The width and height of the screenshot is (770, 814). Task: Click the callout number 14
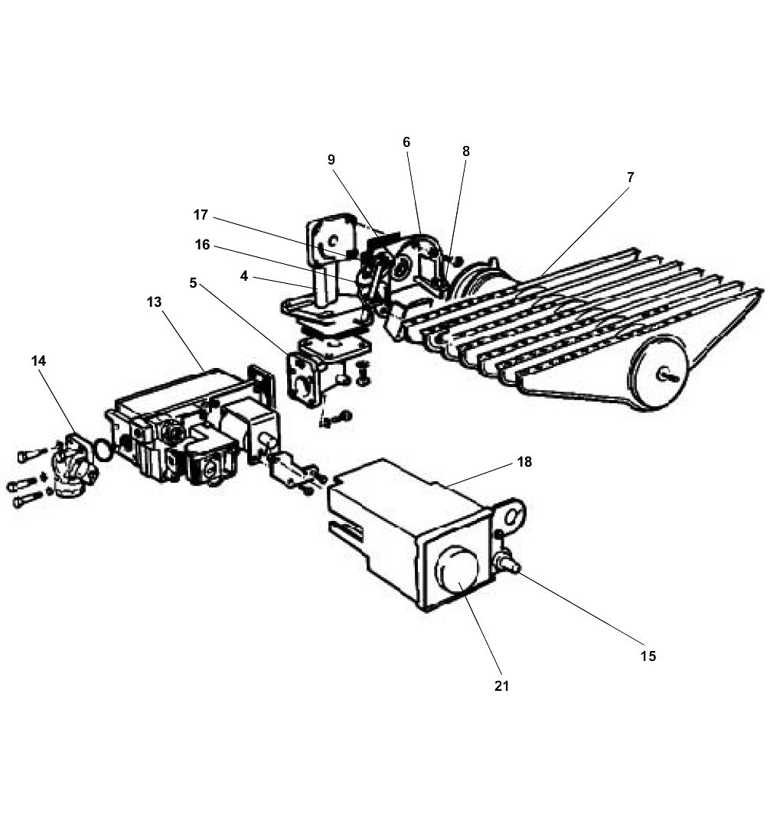tap(38, 360)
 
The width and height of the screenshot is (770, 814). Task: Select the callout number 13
tap(154, 302)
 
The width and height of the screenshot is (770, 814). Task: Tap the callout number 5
tap(193, 283)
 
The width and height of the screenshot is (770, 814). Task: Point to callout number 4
tap(244, 275)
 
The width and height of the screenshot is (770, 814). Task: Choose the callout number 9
tap(331, 160)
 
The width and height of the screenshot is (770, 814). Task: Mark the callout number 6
tap(406, 142)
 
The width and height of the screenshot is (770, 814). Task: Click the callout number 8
tap(465, 151)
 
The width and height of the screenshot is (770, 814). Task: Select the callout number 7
tap(630, 177)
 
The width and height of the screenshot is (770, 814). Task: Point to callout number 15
tap(648, 656)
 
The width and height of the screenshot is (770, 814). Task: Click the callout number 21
tap(501, 686)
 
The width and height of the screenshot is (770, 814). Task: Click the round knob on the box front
tap(455, 570)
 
